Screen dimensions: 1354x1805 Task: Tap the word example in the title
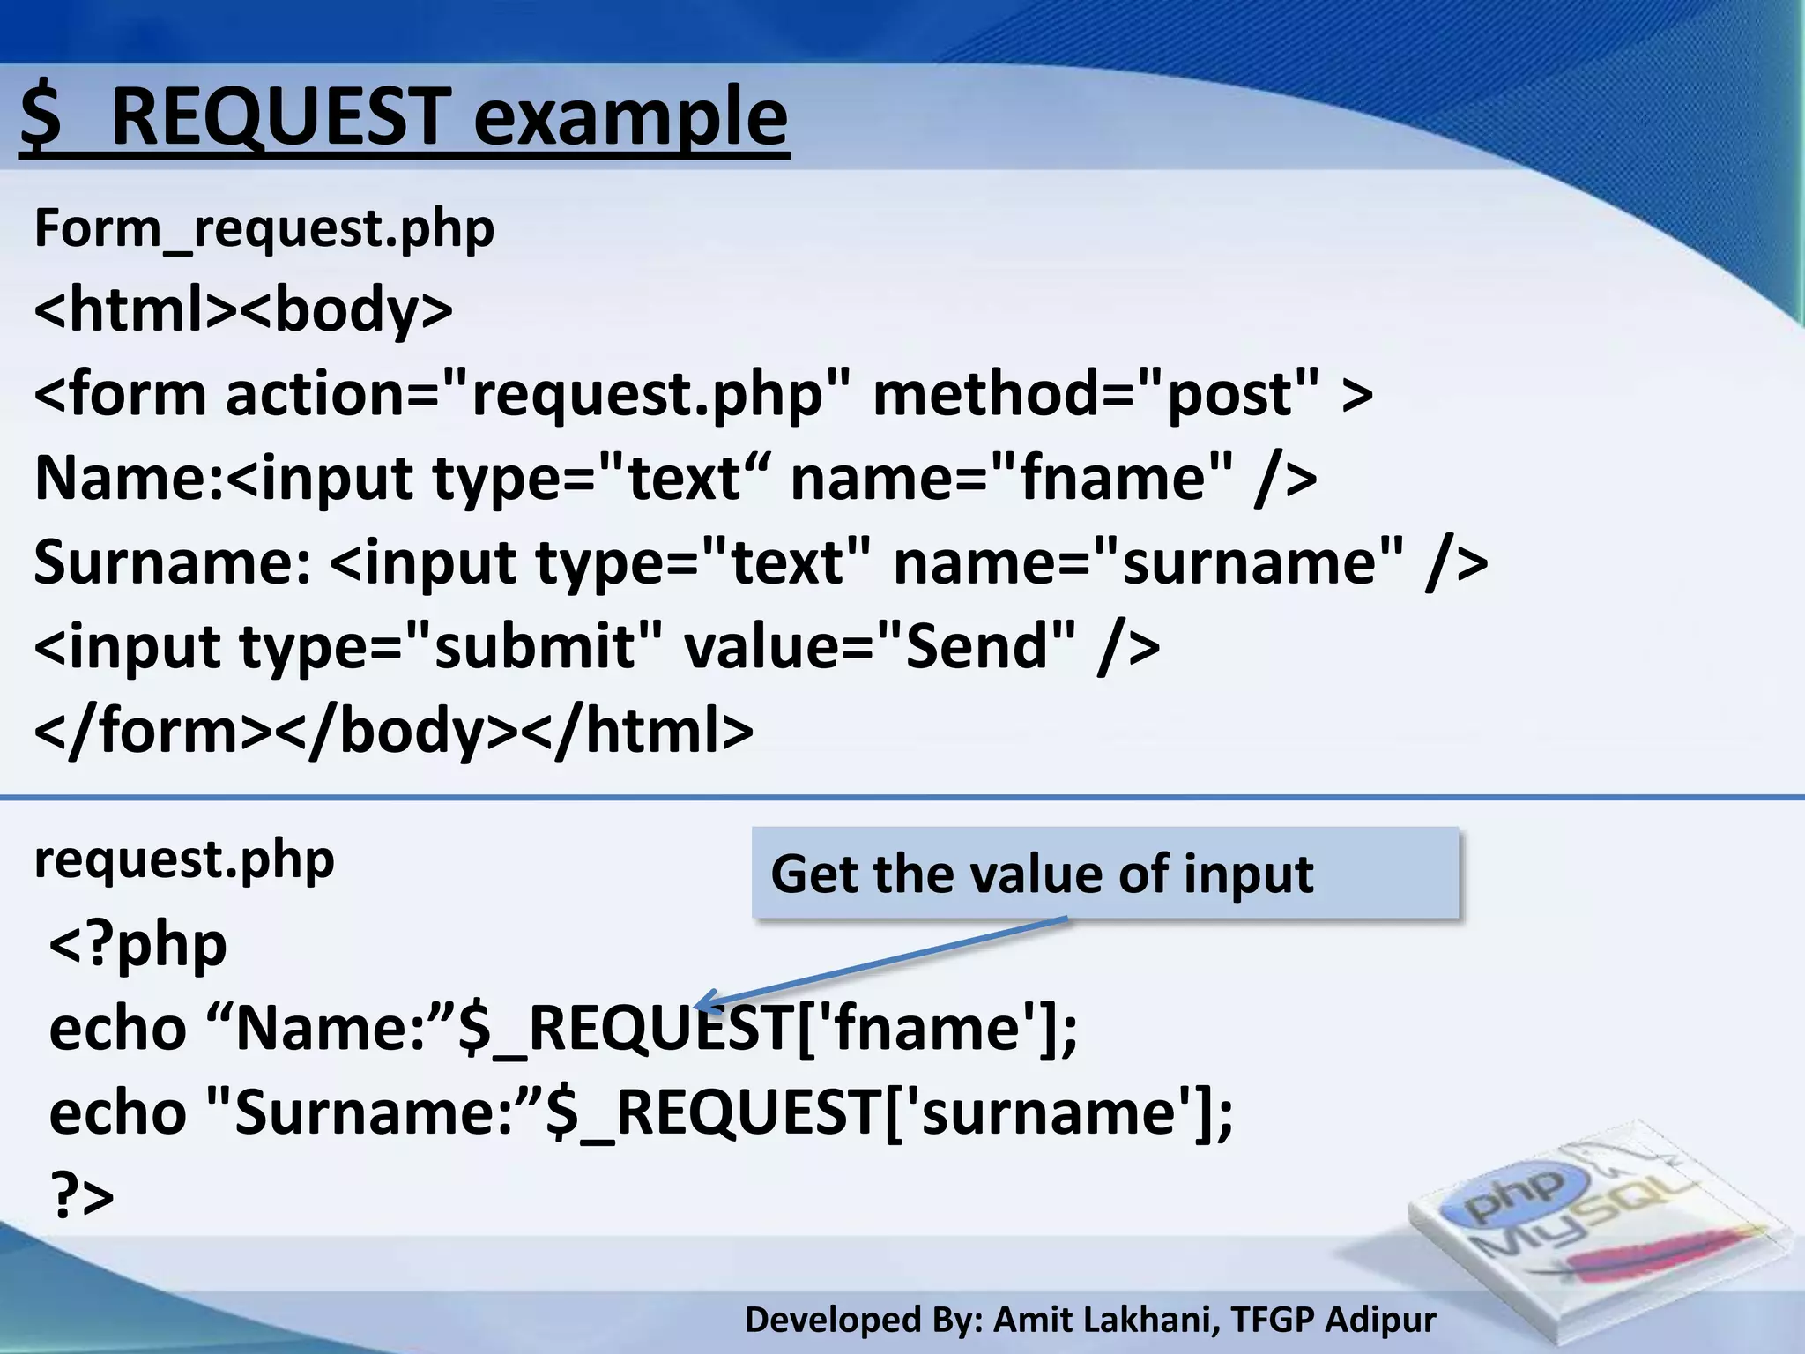629,118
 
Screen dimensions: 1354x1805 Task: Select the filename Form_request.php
264,228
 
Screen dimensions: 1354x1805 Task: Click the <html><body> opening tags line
243,309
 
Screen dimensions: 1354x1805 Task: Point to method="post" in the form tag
1096,394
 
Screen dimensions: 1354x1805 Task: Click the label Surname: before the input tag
173,562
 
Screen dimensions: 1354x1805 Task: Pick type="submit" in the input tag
449,646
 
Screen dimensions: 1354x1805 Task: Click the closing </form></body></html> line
393,731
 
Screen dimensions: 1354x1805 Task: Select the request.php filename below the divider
184,859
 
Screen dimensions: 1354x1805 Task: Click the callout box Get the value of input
1105,873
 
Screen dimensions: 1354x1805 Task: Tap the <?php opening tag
138,944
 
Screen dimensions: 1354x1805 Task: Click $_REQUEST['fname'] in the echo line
767,1029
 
